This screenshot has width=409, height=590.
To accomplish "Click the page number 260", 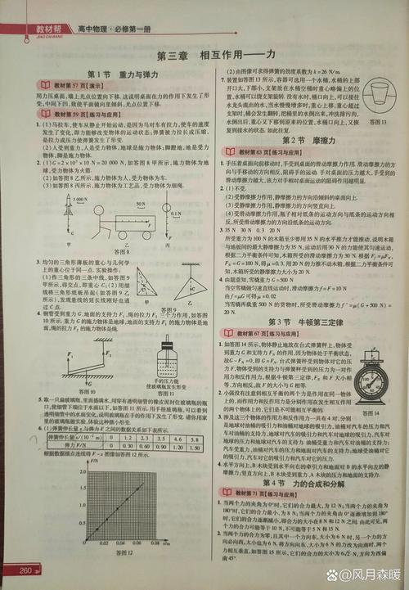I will (25, 570).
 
